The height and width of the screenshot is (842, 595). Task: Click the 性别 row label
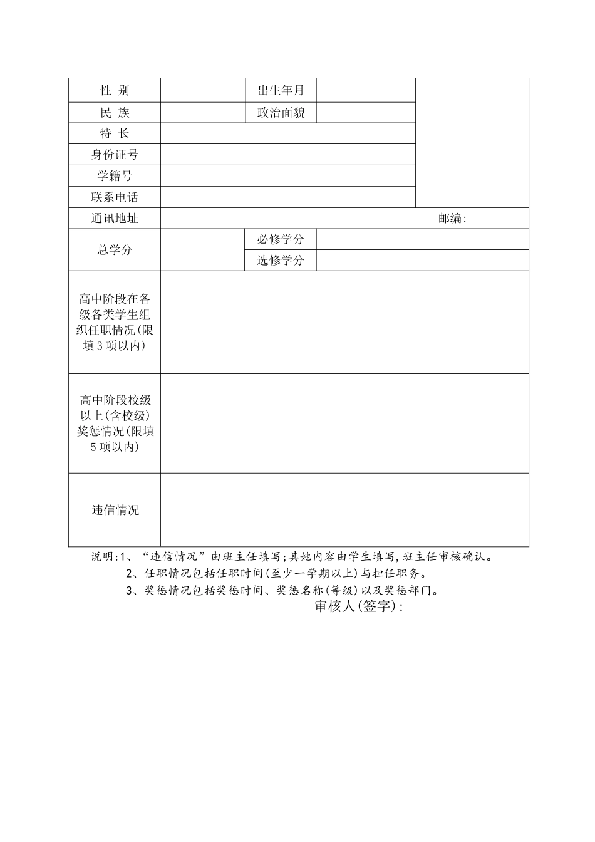115,90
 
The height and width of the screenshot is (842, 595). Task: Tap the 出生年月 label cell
281,90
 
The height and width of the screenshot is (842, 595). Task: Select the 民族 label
115,113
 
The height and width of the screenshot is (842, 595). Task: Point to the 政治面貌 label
281,113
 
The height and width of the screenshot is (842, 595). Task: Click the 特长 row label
115,133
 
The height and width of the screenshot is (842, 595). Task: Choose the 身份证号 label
115,155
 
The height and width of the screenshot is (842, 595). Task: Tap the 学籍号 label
115,176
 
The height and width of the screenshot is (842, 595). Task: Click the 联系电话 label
115,197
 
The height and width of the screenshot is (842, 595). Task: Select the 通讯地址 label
115,219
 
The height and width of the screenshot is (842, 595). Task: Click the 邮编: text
453,219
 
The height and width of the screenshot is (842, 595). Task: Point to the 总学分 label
115,250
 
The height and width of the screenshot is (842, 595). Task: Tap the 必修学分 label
281,239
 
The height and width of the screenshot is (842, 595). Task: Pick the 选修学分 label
281,261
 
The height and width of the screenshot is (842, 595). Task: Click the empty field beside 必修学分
422,239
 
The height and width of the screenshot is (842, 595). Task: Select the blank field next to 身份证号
288,155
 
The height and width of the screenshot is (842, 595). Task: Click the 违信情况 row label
115,510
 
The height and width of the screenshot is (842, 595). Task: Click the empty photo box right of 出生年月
472,143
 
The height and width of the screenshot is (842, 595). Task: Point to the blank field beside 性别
202,90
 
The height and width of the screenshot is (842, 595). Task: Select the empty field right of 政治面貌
366,113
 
